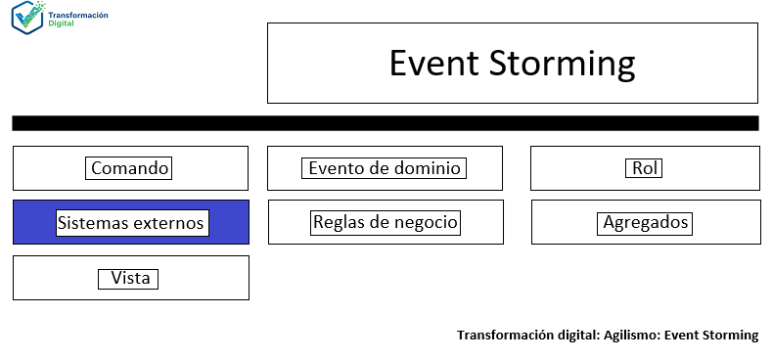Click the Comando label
[130, 168]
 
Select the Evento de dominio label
[384, 168]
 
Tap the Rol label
[644, 168]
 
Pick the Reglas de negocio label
[385, 222]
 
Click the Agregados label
[645, 223]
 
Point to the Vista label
[130, 279]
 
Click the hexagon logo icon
[29, 18]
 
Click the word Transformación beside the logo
[81, 15]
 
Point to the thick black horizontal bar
[385, 123]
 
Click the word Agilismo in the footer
[628, 336]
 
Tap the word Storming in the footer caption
[730, 336]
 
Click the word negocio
[426, 222]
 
